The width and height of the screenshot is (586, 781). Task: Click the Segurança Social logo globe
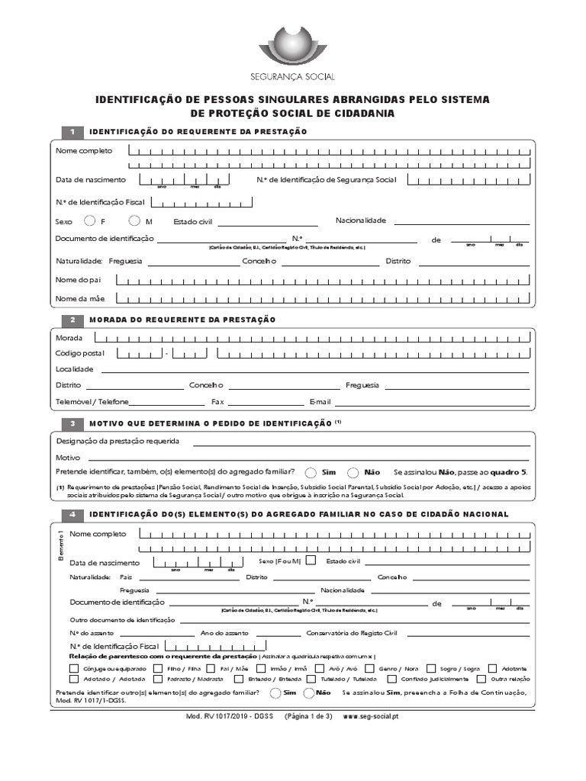pos(292,47)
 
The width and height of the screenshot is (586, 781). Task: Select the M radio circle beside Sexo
pos(134,221)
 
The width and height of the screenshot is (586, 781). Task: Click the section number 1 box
pos(72,132)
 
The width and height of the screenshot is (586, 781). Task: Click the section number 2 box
pos(72,320)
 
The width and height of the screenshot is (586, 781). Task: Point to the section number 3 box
pos(72,423)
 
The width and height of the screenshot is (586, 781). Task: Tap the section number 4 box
pos(72,514)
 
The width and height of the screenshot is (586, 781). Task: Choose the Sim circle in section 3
pos(311,472)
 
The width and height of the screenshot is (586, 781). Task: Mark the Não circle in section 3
pos(353,472)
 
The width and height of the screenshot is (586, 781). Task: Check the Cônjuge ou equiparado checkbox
pos(74,668)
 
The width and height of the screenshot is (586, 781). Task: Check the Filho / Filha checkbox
pos(158,668)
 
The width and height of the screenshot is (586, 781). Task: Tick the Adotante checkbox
pos(493,668)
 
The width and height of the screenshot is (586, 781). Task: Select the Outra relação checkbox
pos(481,679)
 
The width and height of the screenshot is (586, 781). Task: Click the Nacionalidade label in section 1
pos(361,220)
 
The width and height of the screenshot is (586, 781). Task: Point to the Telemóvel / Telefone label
pos(92,402)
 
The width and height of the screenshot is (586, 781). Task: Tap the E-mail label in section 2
pos(320,402)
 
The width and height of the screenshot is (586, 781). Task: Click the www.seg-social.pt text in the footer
pos(376,717)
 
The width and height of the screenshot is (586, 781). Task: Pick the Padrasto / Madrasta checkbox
pos(158,679)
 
